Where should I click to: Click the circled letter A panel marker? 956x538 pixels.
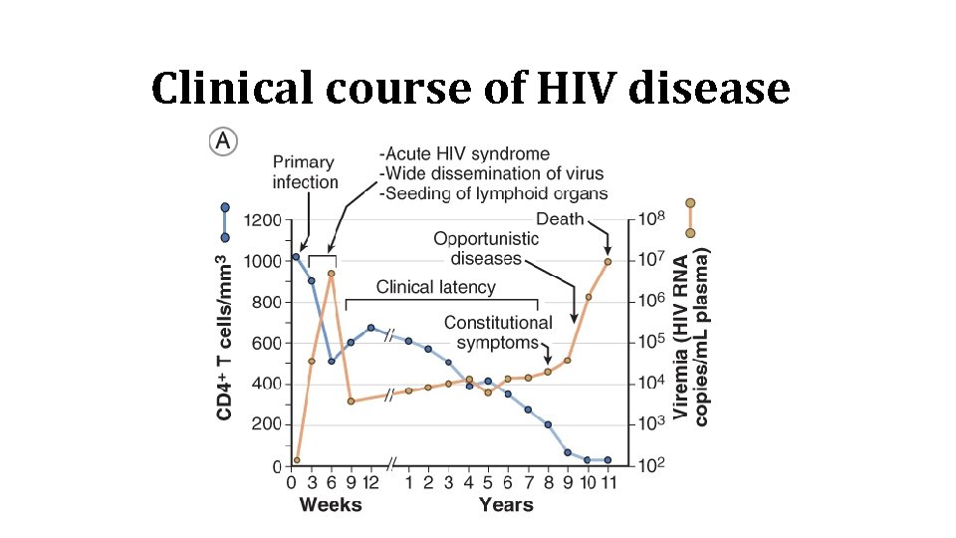[x=222, y=142]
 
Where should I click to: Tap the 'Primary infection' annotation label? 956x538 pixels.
[x=306, y=172]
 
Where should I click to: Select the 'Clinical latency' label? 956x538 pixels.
[x=435, y=287]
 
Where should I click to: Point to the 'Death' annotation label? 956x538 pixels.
[x=560, y=218]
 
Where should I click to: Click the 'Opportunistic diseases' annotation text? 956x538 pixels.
[x=486, y=249]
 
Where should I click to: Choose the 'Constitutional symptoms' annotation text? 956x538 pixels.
[x=498, y=332]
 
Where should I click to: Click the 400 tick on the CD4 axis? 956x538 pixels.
[x=265, y=384]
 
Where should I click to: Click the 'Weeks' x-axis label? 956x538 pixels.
[x=331, y=505]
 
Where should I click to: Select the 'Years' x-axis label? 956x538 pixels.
[x=506, y=505]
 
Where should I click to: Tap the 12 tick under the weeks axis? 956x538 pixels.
[x=370, y=483]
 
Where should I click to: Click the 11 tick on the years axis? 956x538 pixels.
[x=607, y=483]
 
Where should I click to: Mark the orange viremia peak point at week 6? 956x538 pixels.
[x=332, y=273]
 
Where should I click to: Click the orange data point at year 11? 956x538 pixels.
[x=607, y=262]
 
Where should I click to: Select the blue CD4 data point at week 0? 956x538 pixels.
[x=296, y=257]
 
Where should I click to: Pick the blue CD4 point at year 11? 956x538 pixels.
[x=607, y=460]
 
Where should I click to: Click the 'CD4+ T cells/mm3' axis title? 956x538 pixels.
[x=226, y=336]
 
